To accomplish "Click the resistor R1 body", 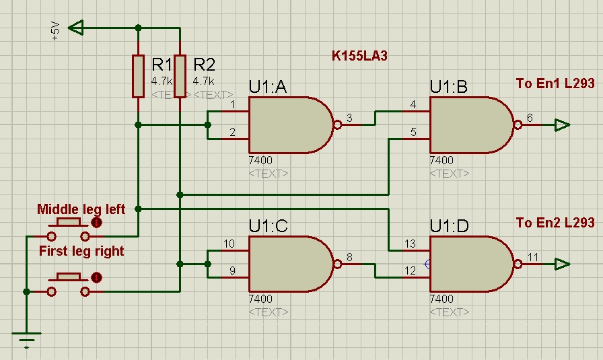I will point(138,76).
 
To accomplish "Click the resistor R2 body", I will point(180,76).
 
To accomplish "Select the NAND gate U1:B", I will point(470,125).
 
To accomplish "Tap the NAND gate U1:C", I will point(289,263).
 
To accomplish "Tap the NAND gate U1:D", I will point(470,263).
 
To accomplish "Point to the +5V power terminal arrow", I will point(77,28).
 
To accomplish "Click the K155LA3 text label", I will point(359,55).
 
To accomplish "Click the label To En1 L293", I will point(555,83).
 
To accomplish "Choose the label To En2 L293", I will point(555,222).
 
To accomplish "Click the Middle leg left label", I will point(81,209).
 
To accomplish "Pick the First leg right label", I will point(81,251).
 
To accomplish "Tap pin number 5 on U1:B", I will point(413,133).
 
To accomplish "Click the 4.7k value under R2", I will point(204,81).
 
